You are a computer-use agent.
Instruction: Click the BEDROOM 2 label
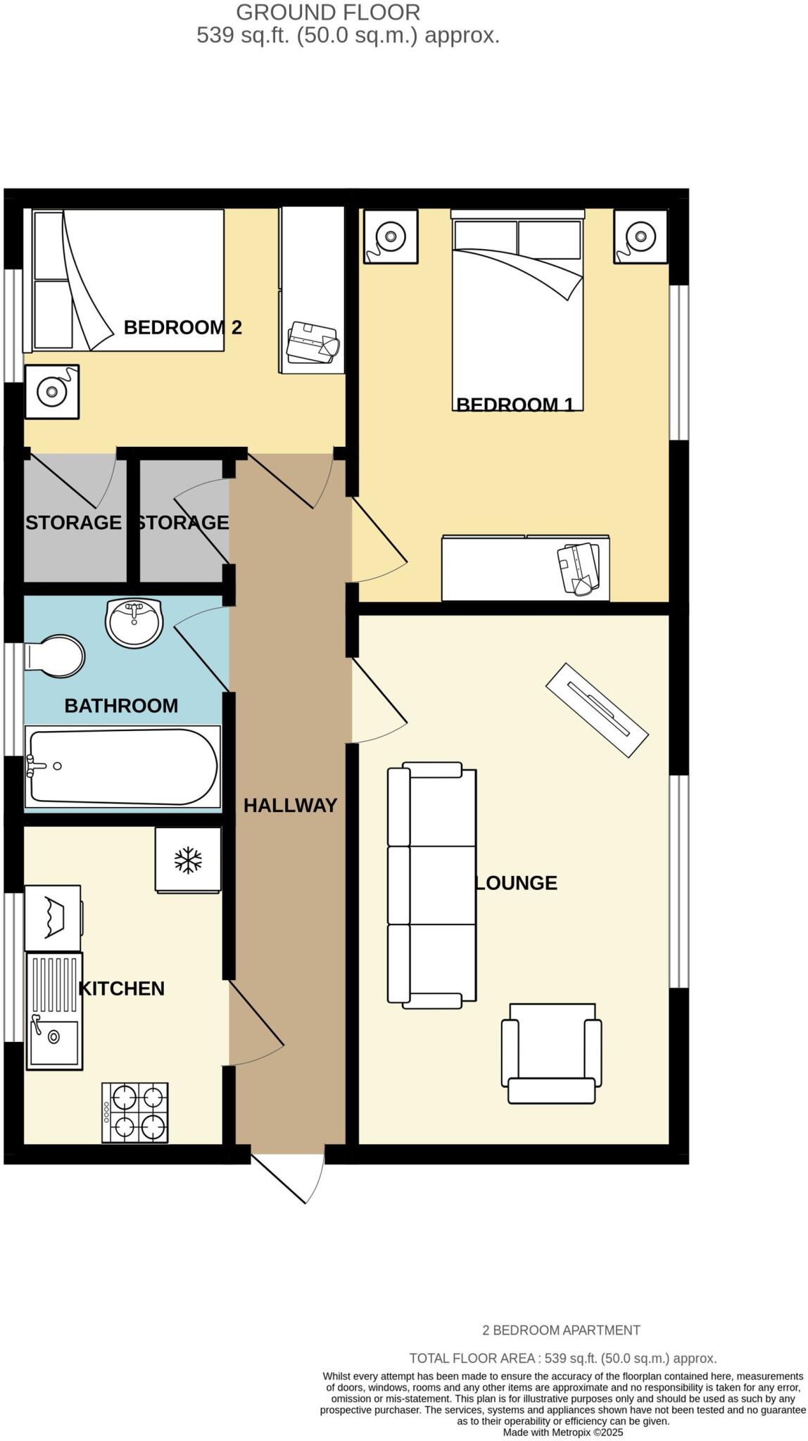(182, 327)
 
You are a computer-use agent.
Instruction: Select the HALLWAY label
(290, 806)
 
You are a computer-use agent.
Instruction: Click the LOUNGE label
(517, 883)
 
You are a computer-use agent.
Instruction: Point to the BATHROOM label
(121, 706)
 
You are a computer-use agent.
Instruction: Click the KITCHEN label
(121, 989)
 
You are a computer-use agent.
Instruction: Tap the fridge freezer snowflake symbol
(188, 860)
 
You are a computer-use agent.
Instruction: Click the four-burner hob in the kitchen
(136, 1112)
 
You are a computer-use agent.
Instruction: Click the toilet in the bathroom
(55, 656)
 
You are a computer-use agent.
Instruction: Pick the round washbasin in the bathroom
(134, 623)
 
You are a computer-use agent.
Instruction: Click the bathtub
(122, 767)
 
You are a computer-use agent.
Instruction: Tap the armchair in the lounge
(551, 1053)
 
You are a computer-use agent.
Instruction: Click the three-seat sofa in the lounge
(431, 884)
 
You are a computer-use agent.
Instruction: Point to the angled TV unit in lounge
(596, 710)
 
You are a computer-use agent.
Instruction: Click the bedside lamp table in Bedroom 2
(52, 392)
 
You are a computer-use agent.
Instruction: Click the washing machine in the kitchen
(53, 918)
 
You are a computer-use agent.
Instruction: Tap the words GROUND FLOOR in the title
(328, 12)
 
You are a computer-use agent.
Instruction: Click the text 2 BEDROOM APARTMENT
(561, 1331)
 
